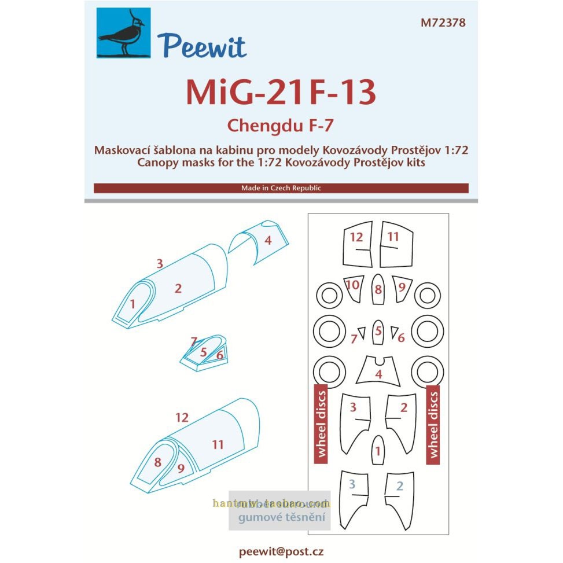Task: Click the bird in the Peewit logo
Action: coord(123,33)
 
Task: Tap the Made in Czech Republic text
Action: coord(281,188)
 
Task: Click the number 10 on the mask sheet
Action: coord(352,285)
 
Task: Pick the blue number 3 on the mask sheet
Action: coord(352,485)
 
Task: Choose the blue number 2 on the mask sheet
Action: coord(399,485)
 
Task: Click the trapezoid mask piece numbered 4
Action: coord(378,371)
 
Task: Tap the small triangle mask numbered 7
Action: coord(362,333)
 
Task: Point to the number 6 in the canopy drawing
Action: coord(220,355)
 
